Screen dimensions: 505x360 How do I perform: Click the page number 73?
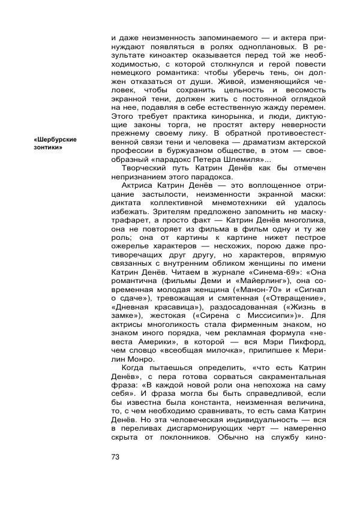point(116,457)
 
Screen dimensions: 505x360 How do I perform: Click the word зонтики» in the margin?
point(48,148)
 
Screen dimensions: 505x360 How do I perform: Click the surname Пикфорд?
point(305,349)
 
